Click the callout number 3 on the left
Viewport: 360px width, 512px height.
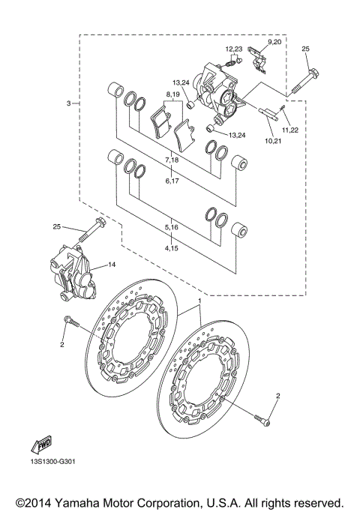click(x=68, y=103)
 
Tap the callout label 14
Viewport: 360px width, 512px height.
click(x=112, y=265)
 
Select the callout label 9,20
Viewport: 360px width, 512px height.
click(x=275, y=43)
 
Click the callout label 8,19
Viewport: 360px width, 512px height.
click(x=174, y=95)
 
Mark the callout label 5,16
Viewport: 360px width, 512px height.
click(x=172, y=226)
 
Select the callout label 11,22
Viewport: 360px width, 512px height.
click(x=289, y=129)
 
